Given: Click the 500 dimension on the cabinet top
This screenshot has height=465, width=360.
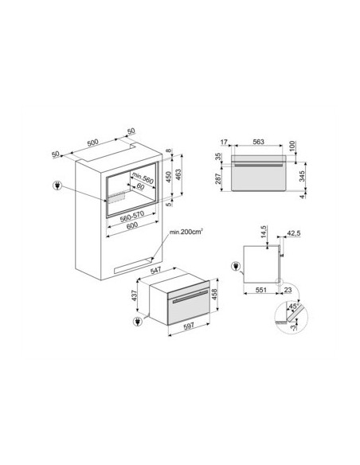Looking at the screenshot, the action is pos(93,143).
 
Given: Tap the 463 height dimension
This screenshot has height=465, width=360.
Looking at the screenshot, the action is pos(178,175).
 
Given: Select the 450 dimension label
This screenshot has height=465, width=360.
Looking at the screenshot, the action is pos(168,177).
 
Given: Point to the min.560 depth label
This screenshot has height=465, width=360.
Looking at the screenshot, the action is pos(143,178).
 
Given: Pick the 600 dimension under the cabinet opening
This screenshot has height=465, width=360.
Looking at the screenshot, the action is pos(132,225).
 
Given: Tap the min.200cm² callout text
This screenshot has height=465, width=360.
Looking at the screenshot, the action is pos(186,232).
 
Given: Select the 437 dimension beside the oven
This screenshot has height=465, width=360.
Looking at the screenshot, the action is pos(134,295).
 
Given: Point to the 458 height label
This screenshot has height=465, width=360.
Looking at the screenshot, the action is pos(215,295).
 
